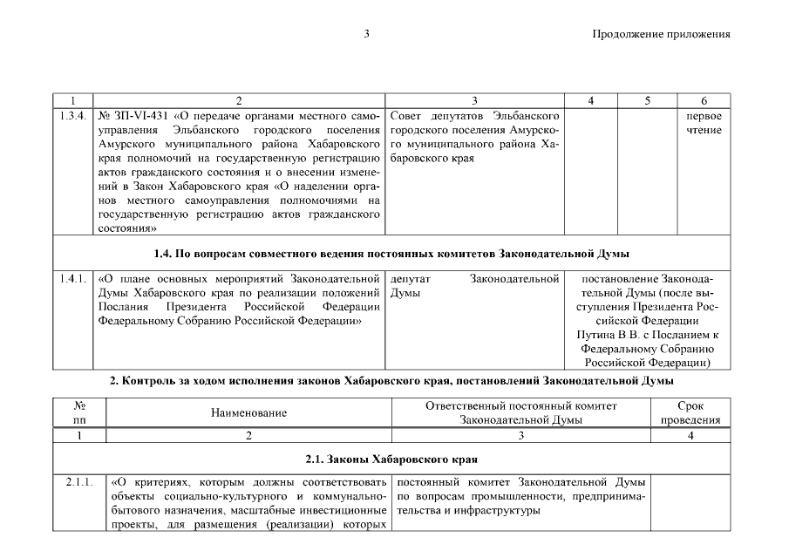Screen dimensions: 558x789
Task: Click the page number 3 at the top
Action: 367,34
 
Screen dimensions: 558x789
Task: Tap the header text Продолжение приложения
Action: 661,34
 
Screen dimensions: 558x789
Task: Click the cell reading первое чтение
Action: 703,123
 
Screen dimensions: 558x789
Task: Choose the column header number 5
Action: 647,100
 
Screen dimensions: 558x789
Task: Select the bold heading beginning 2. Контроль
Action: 391,381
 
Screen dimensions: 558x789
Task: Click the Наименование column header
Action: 248,412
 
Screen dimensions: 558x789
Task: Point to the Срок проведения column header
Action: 690,412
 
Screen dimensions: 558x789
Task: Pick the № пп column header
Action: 79,412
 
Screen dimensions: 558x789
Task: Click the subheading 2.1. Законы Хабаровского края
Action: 391,459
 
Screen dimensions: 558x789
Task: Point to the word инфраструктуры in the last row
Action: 500,510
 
